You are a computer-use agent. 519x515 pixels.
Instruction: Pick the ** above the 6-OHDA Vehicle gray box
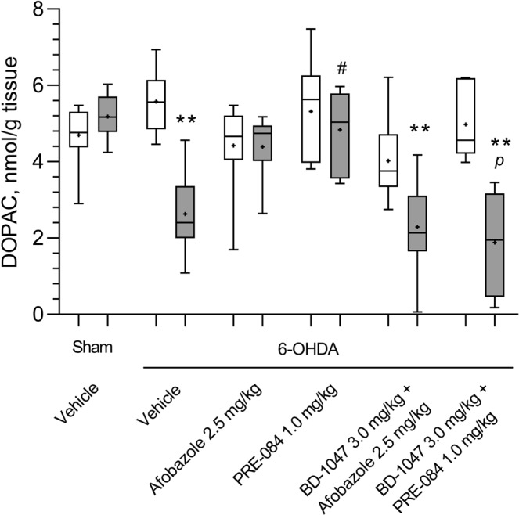pyautogui.click(x=186, y=121)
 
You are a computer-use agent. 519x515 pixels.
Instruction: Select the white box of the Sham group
pyautogui.click(x=78, y=129)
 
